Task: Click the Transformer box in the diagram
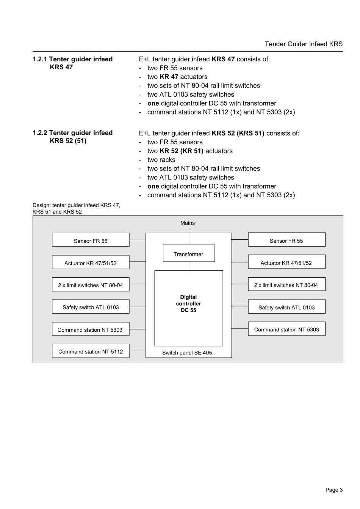pos(189,253)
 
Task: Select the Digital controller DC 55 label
pos(188,304)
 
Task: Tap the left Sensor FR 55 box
pos(91,240)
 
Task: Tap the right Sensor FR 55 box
pos(286,240)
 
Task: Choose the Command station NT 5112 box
pos(91,351)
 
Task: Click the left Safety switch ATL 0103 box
pos(91,307)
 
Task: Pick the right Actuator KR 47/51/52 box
pos(286,262)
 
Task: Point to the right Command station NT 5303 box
pos(286,329)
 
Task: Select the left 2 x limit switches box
pos(91,284)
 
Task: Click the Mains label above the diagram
pos(188,223)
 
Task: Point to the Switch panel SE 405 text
pos(188,353)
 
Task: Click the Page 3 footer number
pos(334,490)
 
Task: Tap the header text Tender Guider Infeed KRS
pos(304,44)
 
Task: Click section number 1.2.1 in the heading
pos(40,59)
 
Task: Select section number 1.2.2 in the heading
pos(40,133)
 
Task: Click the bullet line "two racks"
pos(161,160)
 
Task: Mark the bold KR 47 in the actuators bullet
pos(169,77)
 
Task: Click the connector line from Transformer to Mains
pos(189,238)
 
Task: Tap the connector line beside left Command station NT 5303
pos(137,329)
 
